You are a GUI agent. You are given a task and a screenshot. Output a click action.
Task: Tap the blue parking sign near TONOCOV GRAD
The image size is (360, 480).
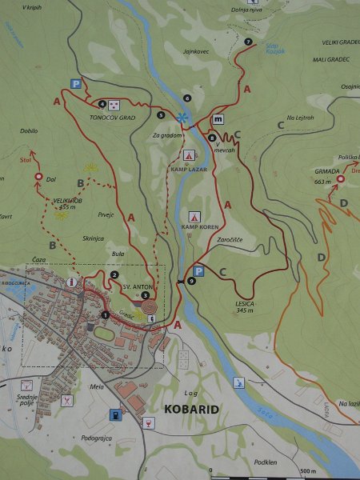(x=77, y=83)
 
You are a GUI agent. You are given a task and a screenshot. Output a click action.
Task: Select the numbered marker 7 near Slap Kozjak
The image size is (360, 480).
(x=249, y=41)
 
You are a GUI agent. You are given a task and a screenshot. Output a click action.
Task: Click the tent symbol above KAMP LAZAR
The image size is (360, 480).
(x=190, y=154)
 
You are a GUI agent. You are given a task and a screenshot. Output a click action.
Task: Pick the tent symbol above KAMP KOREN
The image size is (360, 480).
(x=194, y=216)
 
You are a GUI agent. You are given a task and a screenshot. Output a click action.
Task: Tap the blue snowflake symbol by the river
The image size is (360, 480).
(x=183, y=118)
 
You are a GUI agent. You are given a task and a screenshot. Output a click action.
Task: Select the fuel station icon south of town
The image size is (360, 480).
(x=116, y=414)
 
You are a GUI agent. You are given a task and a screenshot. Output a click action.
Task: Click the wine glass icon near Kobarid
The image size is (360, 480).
(x=147, y=421)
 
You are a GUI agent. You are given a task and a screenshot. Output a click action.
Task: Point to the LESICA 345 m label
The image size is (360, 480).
(x=245, y=305)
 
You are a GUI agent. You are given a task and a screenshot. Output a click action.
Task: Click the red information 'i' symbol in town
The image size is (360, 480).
(x=73, y=282)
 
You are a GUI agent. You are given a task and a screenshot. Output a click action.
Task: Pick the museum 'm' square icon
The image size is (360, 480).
(x=218, y=119)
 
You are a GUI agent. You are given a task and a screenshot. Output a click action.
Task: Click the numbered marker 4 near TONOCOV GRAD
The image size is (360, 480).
(x=102, y=103)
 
